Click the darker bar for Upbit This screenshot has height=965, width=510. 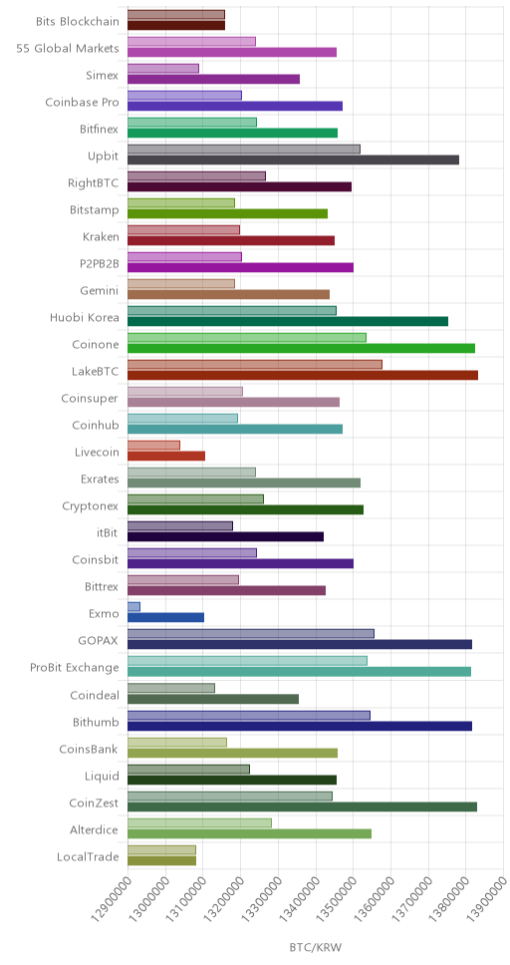coord(294,161)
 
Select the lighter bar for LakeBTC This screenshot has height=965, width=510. coord(255,364)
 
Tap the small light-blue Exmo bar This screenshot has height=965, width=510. coord(134,607)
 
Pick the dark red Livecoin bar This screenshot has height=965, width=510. coord(166,456)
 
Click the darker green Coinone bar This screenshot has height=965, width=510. coord(302,348)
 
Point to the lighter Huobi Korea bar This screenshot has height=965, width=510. coord(232,311)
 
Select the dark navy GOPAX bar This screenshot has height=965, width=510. coord(300,644)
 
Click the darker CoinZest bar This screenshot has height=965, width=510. coord(302,806)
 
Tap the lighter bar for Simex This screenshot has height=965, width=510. coord(163,69)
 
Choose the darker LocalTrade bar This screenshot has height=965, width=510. coord(161,860)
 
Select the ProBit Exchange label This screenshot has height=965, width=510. coord(75,667)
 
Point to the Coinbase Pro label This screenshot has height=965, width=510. coord(83,102)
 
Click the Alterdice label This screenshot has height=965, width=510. coord(94,829)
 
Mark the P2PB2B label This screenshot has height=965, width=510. coord(101,264)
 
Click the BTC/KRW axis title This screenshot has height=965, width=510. coord(315,946)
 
